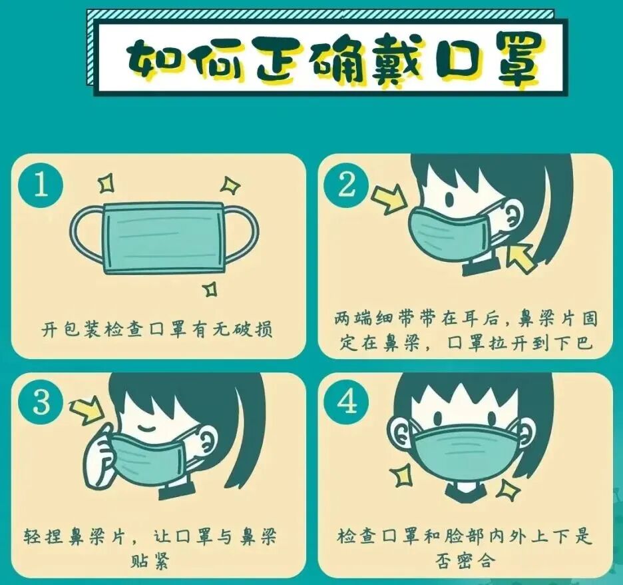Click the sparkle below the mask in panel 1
210,289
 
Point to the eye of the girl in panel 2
449,198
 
